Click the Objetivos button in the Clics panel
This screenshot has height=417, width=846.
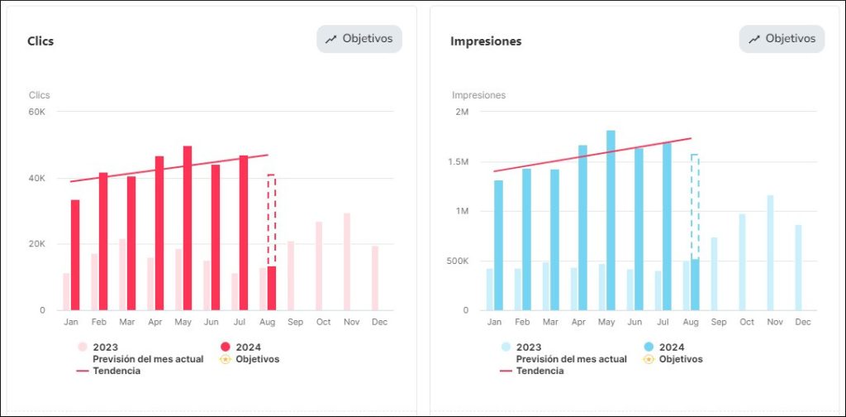click(359, 39)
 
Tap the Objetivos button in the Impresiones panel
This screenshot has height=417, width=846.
click(782, 39)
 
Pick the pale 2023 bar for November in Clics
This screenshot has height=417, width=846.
click(347, 261)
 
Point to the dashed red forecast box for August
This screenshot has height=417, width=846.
click(272, 219)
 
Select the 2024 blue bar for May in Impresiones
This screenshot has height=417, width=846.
click(611, 220)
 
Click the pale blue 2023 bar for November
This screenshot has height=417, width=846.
click(770, 252)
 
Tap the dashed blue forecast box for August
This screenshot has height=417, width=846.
click(695, 207)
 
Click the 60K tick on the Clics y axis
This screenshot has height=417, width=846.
click(37, 112)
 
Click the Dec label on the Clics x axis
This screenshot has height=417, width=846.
click(379, 322)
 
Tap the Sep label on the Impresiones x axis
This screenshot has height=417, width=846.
click(719, 322)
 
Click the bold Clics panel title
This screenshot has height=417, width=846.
click(40, 41)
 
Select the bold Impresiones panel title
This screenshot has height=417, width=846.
click(486, 41)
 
